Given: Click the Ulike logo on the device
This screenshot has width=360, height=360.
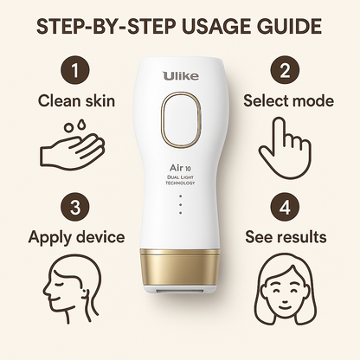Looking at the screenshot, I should [x=180, y=77].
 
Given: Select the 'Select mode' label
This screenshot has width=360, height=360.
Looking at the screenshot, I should [x=288, y=101].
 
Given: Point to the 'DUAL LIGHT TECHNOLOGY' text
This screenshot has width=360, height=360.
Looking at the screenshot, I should [x=180, y=184].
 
